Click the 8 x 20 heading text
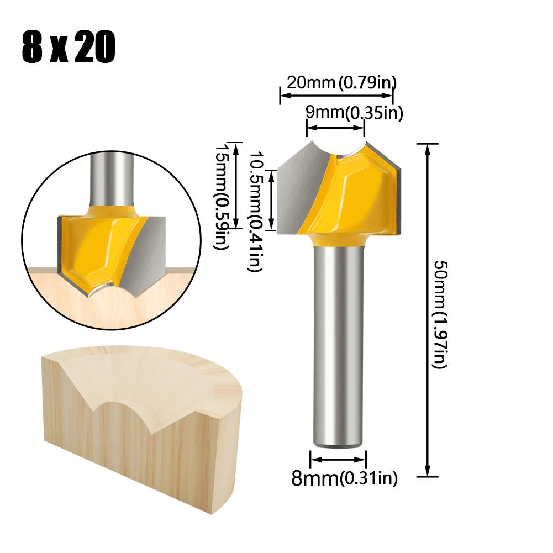tap(69, 49)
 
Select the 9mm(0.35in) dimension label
tap(354, 113)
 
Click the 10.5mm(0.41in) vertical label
tap(255, 212)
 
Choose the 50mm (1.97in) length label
tap(439, 315)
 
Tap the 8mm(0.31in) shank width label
tap(344, 478)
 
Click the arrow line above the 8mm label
tap(338, 459)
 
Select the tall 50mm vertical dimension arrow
tap(427, 309)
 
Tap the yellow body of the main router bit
tap(359, 193)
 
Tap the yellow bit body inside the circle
tap(91, 243)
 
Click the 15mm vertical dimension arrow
tap(236, 185)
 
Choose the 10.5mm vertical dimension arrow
tap(271, 200)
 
